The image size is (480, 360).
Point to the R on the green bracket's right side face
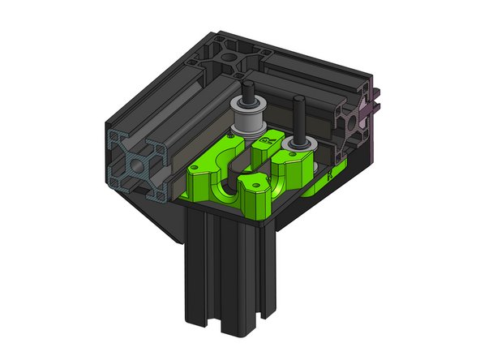click(328, 174)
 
